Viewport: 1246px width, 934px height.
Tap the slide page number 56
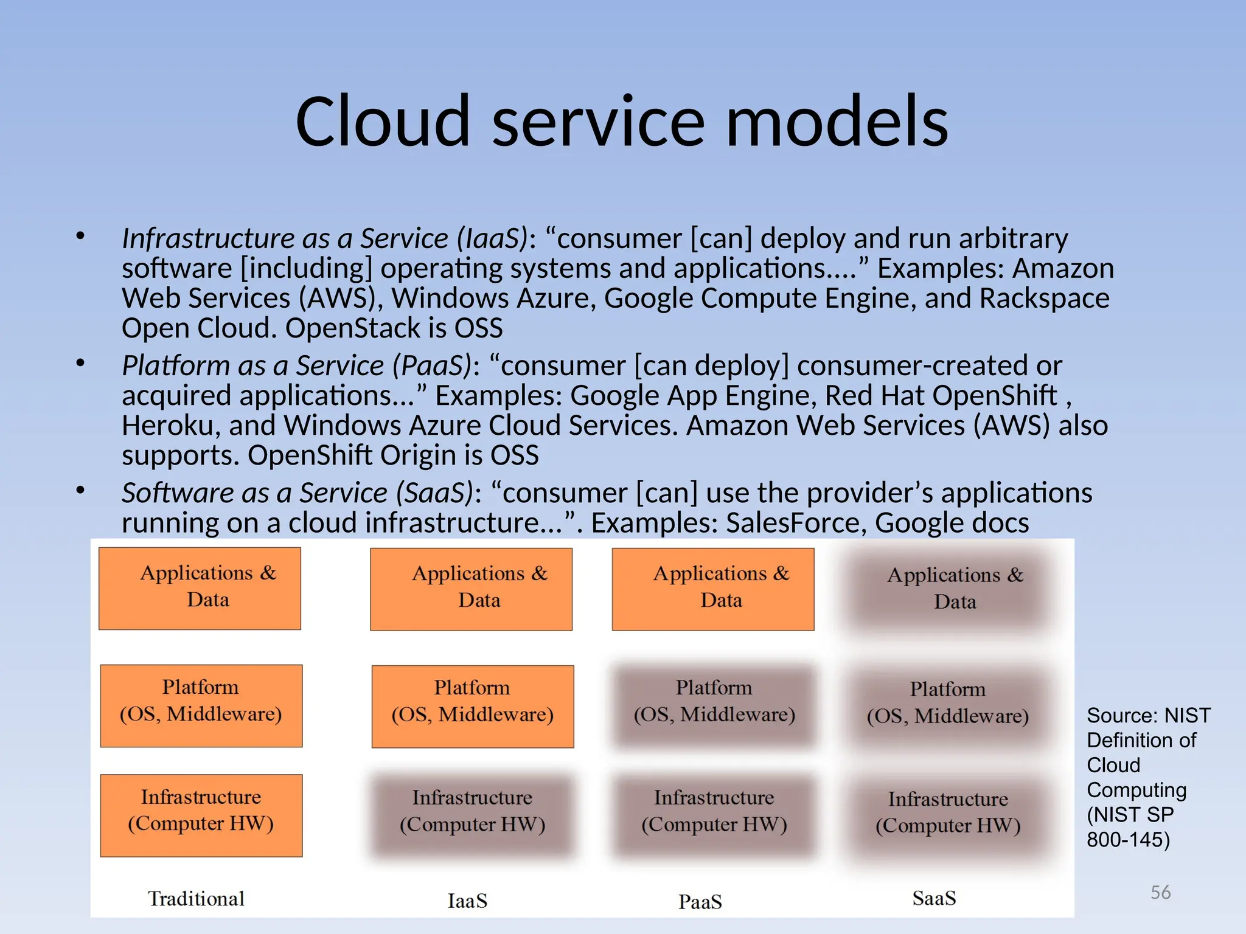(x=1160, y=892)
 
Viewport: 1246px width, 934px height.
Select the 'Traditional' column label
(x=196, y=898)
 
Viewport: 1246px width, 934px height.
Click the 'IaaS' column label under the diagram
(x=467, y=901)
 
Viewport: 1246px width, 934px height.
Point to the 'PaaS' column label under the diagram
(x=700, y=901)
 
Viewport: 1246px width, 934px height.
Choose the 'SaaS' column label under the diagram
(x=934, y=898)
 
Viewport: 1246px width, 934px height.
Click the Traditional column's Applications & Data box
(x=200, y=588)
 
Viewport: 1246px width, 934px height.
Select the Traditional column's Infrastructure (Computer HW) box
(x=201, y=815)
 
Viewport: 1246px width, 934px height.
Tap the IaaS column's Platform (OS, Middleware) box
(x=473, y=706)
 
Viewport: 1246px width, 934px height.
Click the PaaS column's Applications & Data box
(x=713, y=589)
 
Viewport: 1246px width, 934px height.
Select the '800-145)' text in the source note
(x=1128, y=840)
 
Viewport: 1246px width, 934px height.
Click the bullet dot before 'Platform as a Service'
(x=80, y=364)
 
